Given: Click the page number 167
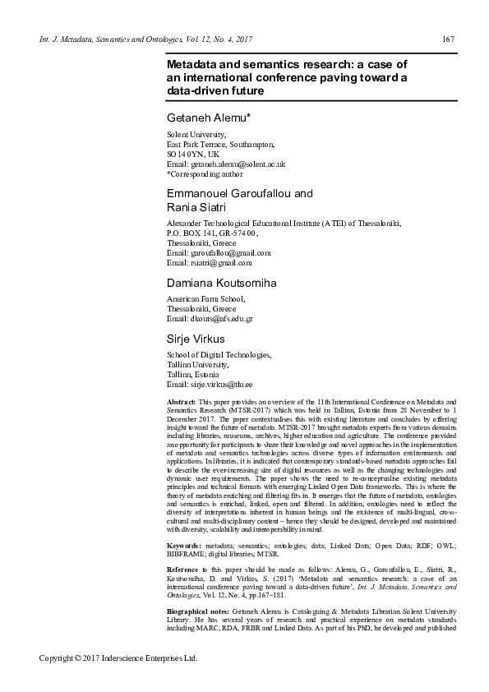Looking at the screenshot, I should tap(448, 39).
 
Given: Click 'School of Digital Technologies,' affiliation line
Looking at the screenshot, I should tap(219, 355).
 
